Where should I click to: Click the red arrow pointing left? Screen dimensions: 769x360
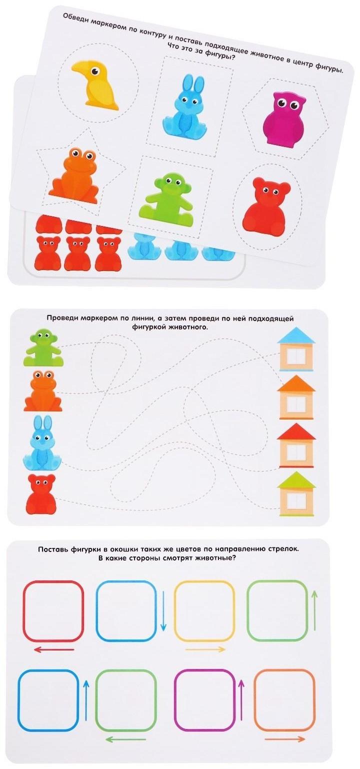pos(53,650)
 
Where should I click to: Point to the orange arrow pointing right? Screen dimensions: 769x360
pos(285,739)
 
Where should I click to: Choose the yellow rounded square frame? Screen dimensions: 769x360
pos(204,611)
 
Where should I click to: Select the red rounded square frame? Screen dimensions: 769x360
pos(53,611)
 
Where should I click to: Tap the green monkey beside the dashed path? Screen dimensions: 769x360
pos(42,347)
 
